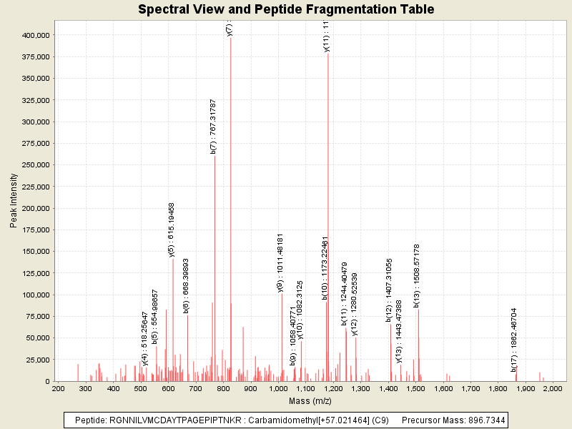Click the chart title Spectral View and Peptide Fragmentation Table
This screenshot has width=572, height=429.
pos(286,10)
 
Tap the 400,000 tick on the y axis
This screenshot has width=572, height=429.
pos(34,35)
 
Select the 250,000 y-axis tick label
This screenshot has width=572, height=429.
pos(34,165)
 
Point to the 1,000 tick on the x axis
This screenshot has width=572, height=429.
pos(278,388)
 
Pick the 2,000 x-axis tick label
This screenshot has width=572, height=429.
pos(553,388)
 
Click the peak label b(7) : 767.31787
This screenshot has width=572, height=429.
pos(213,127)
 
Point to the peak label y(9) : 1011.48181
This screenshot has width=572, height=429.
pos(281,262)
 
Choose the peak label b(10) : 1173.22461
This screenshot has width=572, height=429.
pos(325,267)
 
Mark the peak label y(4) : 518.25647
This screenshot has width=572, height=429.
pos(145,338)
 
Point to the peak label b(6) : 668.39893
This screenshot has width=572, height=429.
pos(186,286)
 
